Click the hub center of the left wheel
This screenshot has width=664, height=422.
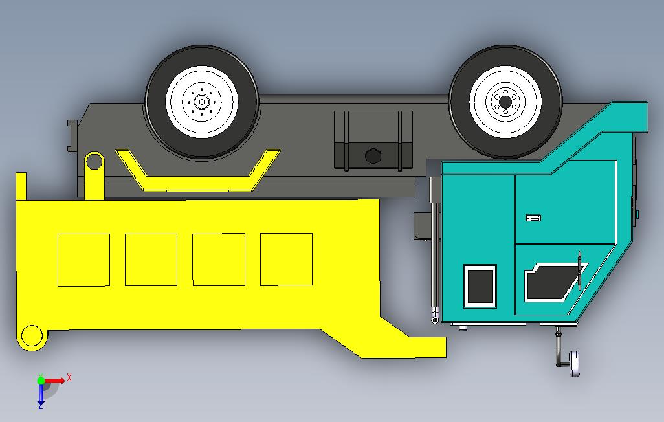[201, 102]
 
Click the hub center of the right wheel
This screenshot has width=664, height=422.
[505, 101]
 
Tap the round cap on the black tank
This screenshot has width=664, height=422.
[373, 155]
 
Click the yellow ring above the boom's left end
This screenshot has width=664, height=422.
[94, 161]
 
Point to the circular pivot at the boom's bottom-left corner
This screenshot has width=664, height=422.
[30, 337]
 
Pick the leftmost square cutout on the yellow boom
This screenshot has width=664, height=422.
[83, 260]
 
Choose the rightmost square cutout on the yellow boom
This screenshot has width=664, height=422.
[286, 259]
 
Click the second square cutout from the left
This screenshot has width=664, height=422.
[151, 260]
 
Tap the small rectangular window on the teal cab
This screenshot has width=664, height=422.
[480, 285]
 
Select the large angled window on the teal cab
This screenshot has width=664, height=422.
[549, 282]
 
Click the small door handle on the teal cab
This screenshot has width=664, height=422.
[533, 218]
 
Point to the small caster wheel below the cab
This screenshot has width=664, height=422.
[574, 364]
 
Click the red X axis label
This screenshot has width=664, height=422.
[69, 377]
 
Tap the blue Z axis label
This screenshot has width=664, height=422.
[40, 406]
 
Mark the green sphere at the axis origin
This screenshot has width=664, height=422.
[41, 381]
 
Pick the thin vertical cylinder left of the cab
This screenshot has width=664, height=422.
[434, 252]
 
